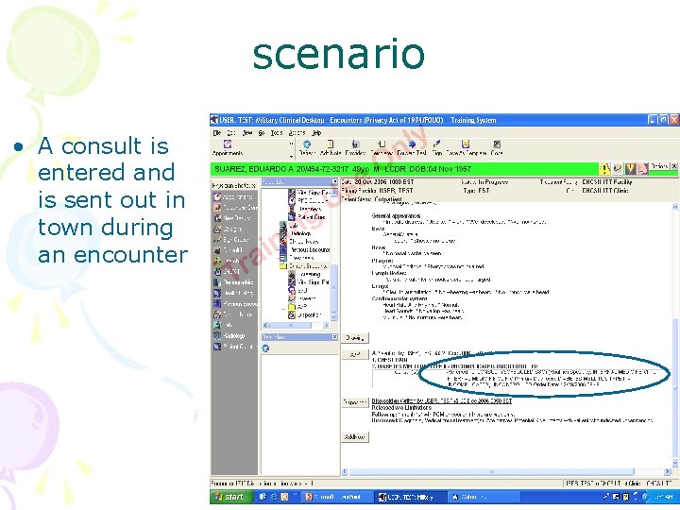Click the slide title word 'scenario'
338,53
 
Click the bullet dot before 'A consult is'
18,147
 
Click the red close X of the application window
672,120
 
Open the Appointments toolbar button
227,152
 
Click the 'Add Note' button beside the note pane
354,437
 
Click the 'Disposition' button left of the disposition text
354,401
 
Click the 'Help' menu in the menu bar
317,133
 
